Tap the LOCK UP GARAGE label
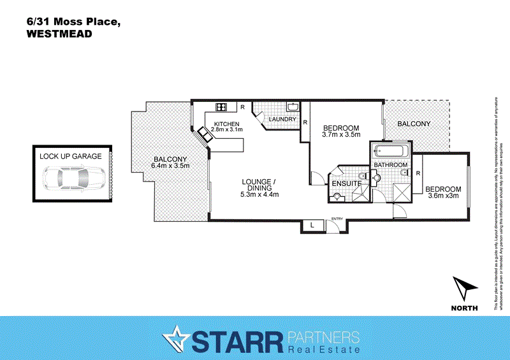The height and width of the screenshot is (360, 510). [70, 156]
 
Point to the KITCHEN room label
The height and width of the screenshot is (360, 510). [226, 124]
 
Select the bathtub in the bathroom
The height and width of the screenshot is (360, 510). [390, 152]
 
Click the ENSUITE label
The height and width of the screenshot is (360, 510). [347, 184]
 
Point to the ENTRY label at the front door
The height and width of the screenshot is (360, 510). [337, 220]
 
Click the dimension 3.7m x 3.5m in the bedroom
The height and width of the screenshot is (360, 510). [341, 134]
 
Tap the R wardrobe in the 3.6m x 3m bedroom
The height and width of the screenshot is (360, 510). [418, 173]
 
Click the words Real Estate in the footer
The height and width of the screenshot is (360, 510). [324, 349]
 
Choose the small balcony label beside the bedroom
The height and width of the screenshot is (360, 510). [414, 124]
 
